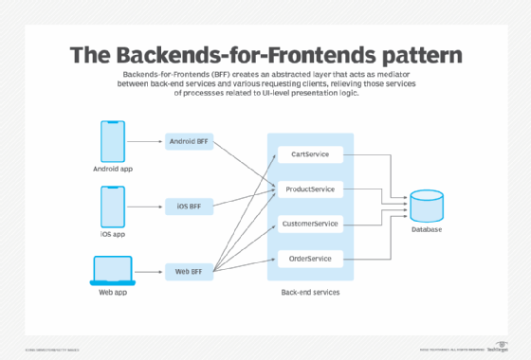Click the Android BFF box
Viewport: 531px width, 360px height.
189,142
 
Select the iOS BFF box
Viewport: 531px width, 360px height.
189,205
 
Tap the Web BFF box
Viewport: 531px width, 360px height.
189,270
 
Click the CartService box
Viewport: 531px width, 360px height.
309,154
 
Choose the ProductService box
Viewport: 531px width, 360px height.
309,189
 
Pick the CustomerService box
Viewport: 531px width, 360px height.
309,225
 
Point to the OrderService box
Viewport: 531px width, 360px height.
309,259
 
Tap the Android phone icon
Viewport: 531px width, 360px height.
112,141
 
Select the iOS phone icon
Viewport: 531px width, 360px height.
112,206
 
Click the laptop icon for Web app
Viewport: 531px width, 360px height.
112,271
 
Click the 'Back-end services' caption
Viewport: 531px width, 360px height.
309,293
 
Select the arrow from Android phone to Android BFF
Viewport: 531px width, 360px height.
145,142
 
